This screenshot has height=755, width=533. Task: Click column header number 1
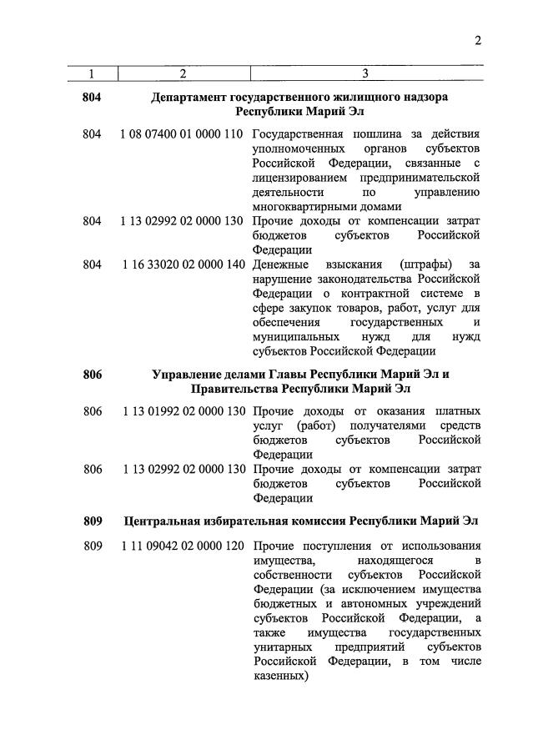92,74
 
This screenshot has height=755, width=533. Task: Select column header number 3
365,74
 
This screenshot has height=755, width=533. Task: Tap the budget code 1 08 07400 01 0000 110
182,134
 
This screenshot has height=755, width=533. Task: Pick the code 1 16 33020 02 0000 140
182,264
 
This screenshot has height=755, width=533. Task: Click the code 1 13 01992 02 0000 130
182,411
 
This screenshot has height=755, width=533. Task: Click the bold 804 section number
92,98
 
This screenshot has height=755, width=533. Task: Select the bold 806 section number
92,375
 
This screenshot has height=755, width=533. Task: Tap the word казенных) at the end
281,677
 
